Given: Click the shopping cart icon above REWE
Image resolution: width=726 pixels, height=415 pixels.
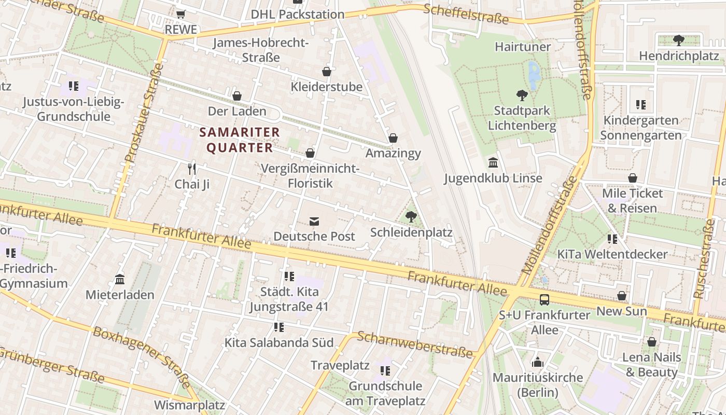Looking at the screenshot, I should [x=180, y=15].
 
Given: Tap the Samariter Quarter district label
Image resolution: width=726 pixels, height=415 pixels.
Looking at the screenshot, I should [x=240, y=140].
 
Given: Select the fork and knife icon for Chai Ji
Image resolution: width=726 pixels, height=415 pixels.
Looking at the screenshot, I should [x=192, y=168].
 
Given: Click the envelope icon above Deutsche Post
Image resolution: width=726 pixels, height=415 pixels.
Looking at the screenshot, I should [x=314, y=222].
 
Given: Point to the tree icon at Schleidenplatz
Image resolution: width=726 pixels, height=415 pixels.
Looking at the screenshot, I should [x=411, y=217].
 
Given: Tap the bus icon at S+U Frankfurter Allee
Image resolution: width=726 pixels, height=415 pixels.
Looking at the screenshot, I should [x=544, y=299].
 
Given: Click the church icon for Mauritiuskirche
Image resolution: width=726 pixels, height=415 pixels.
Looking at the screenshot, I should [x=538, y=362].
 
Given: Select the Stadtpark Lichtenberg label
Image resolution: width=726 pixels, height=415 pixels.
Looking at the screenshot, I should [x=522, y=118].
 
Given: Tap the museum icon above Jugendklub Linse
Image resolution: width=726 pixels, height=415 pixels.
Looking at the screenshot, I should [x=493, y=163].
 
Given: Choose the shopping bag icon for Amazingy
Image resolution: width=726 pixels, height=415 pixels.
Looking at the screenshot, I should [x=393, y=138].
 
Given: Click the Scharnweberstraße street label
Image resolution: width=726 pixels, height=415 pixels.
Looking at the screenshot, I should [x=415, y=344].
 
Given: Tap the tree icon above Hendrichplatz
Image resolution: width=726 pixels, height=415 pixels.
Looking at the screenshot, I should [x=678, y=40].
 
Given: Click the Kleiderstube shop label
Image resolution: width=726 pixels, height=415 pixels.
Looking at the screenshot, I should [x=326, y=87].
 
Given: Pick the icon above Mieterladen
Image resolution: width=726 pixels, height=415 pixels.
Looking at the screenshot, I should [x=120, y=280].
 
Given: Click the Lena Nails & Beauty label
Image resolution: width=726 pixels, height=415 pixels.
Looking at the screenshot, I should [x=651, y=364].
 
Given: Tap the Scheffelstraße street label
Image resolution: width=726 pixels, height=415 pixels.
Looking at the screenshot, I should [x=466, y=15].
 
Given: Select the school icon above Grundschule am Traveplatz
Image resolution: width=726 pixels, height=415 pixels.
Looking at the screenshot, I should [x=385, y=370].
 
